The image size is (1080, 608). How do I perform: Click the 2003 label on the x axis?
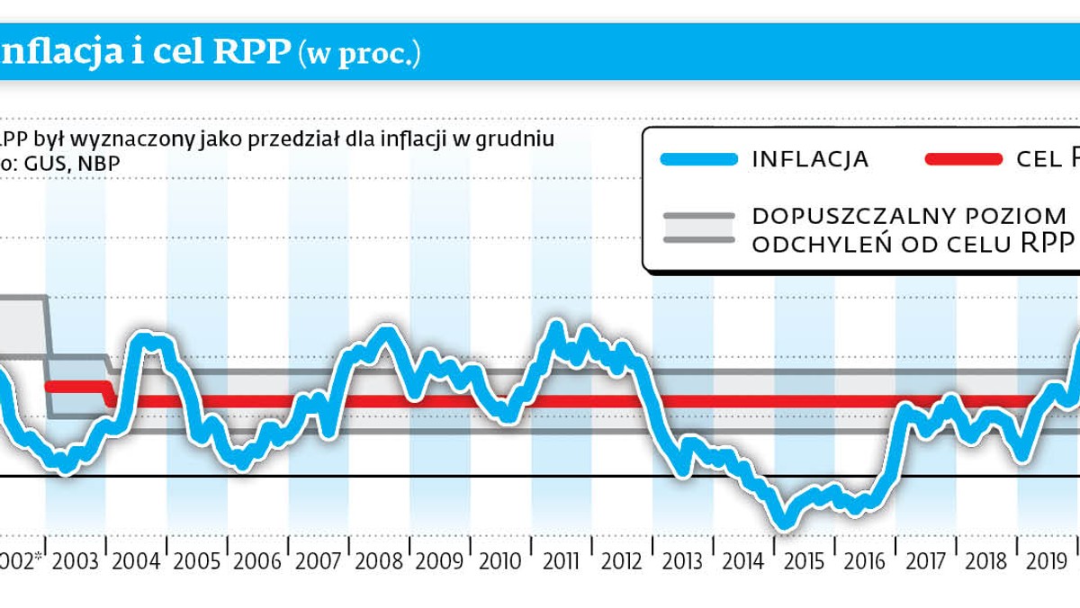(x=76, y=561)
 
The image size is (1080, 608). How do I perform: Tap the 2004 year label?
(x=136, y=561)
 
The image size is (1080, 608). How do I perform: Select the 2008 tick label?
(x=379, y=561)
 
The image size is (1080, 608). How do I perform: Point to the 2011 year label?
(x=561, y=561)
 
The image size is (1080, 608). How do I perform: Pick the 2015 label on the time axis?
(x=804, y=561)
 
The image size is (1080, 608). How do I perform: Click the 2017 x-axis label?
(x=925, y=561)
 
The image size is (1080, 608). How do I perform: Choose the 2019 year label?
(x=1047, y=561)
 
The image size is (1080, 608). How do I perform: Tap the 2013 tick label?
(x=682, y=561)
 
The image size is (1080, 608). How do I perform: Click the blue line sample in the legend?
(x=698, y=159)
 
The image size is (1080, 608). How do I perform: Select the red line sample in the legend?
(x=963, y=159)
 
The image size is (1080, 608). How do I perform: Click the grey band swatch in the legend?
(x=698, y=228)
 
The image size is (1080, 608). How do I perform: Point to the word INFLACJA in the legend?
(x=810, y=160)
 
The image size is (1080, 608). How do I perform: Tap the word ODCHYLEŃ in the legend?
(x=813, y=244)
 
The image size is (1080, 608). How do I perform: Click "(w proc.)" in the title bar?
(x=360, y=54)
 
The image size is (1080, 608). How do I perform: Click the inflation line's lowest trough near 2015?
(x=783, y=522)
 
